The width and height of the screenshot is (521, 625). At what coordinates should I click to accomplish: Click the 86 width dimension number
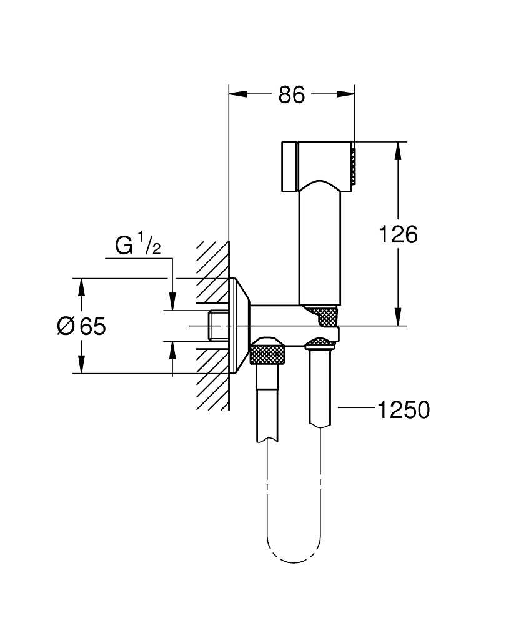coord(291,95)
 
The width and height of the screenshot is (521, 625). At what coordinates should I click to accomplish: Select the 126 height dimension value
coord(399,234)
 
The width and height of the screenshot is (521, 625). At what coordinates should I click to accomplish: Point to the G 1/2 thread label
coord(137,246)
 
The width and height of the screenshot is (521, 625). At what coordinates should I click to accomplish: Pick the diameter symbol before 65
coord(66,326)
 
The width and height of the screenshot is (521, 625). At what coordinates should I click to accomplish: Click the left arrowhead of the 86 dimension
coord(238,94)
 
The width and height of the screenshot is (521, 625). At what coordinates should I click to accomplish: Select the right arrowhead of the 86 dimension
coord(347,94)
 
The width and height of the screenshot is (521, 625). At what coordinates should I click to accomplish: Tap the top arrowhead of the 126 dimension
coord(397,151)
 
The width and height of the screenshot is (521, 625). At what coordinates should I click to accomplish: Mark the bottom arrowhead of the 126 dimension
coord(397,317)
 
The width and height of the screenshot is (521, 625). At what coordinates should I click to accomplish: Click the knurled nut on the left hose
coord(267,352)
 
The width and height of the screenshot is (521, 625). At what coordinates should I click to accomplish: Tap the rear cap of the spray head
coord(288,166)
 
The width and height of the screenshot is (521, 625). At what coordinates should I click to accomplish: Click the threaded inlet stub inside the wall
coord(217,326)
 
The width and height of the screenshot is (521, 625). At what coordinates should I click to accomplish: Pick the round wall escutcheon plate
coord(239,326)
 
